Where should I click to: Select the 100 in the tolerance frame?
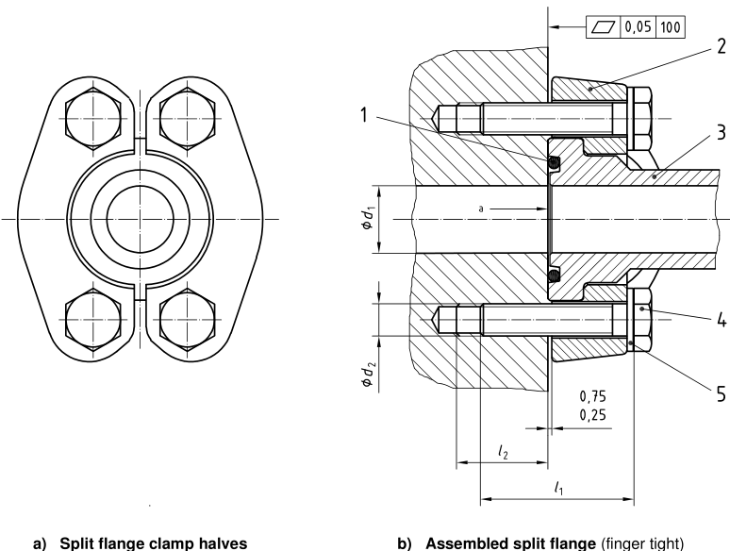point(672,27)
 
